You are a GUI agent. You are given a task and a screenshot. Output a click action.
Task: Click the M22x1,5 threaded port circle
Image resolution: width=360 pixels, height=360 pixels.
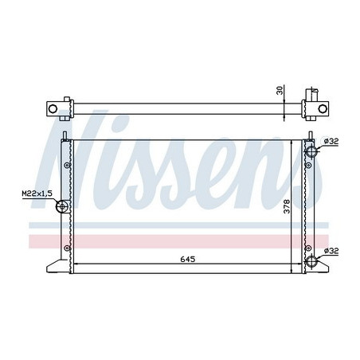click(x=62, y=207)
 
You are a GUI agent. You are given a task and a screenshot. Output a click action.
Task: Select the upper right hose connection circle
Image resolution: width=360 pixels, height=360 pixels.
click(x=311, y=151)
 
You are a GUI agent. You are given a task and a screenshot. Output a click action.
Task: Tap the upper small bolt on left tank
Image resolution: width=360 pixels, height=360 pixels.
click(x=67, y=166)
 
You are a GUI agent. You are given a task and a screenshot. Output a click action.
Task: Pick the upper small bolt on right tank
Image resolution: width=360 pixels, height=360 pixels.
click(x=307, y=166)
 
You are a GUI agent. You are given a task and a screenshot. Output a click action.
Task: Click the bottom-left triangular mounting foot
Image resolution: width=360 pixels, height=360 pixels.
click(x=53, y=264)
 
